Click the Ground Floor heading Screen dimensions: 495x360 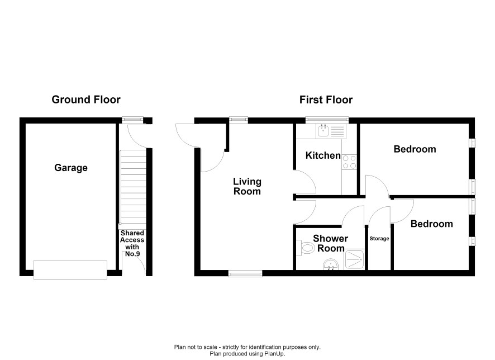tap(86, 100)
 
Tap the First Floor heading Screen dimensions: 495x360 tap(326, 100)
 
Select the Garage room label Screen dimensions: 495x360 tap(71, 168)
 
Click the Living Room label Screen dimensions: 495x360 tap(247, 186)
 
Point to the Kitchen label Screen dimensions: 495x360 tap(323, 155)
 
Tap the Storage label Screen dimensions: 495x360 tap(379, 239)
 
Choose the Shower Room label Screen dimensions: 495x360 tap(331, 243)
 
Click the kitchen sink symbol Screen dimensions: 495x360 tap(331, 131)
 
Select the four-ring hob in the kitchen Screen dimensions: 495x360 tap(350, 162)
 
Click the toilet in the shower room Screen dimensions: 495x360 tap(305, 248)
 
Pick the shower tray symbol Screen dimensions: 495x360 tap(355, 259)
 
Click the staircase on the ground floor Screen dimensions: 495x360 tap(133, 187)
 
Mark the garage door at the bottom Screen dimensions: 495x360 tap(70, 269)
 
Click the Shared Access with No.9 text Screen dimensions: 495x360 tap(132, 243)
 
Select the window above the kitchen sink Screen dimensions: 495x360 tap(327, 120)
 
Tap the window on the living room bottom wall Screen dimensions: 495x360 tap(245, 273)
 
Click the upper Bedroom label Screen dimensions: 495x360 tap(415, 149)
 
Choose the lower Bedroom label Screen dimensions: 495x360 tap(431, 224)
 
